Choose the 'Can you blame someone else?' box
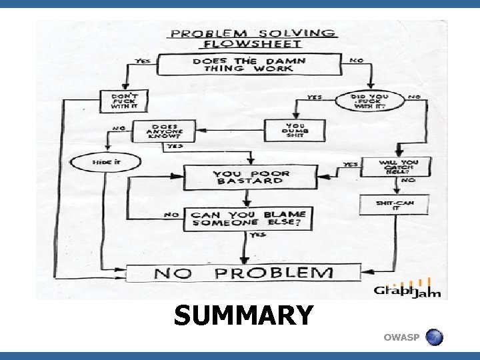click(x=248, y=219)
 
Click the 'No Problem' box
click(x=243, y=272)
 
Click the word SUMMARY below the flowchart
click(x=243, y=315)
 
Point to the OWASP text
click(x=401, y=339)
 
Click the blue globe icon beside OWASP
click(x=434, y=337)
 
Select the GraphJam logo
click(x=407, y=290)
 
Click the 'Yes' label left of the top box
click(x=143, y=61)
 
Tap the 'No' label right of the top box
click(x=356, y=61)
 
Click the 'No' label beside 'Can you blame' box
click(x=171, y=215)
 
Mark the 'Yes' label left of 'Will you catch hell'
click(x=349, y=164)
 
